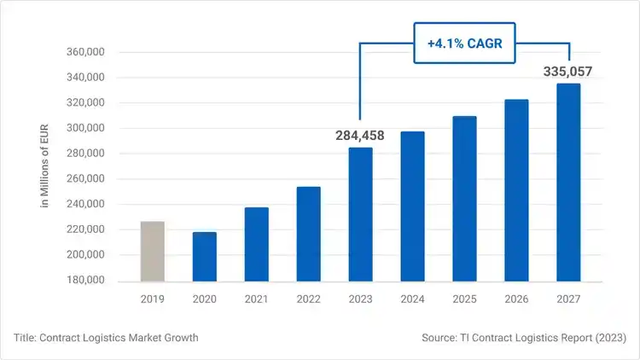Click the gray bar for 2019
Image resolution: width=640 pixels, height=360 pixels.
point(153,252)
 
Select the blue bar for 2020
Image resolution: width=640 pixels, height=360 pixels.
point(205,257)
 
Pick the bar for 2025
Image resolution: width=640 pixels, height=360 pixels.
point(464,199)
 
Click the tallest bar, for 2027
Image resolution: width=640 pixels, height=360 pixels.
point(568,183)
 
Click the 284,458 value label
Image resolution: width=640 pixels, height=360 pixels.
point(360,135)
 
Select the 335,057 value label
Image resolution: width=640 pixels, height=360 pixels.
point(567,72)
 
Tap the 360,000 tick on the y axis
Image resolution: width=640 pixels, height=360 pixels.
point(84,52)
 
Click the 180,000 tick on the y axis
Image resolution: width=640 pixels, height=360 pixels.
point(84,281)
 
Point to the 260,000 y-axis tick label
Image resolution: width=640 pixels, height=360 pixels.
point(84,179)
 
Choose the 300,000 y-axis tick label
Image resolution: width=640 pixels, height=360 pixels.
point(84,129)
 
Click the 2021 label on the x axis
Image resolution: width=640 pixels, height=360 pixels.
point(256,299)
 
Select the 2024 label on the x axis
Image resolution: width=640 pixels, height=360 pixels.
point(412,299)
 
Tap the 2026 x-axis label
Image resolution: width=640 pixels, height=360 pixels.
point(516,299)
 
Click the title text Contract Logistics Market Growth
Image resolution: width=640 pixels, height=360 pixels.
point(106,338)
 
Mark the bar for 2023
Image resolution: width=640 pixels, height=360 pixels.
point(360,214)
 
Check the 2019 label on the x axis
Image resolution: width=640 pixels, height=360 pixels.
point(153,299)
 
